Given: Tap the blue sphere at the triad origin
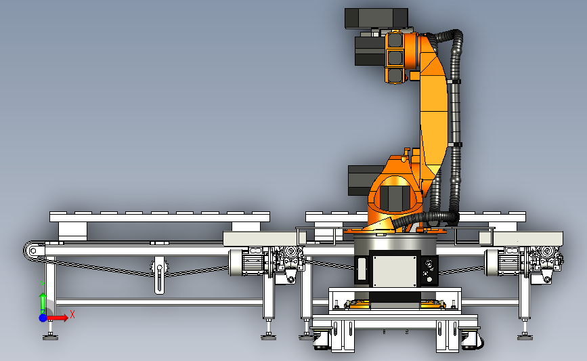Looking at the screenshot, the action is point(43,318).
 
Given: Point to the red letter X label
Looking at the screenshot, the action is point(72,314).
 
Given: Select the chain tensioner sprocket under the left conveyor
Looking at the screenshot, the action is point(160,267).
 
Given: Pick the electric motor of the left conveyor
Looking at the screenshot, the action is point(248,262).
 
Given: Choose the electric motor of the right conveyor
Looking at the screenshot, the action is point(504,261).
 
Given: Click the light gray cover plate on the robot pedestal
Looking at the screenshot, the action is point(395,269).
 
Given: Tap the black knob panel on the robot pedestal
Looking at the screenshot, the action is point(429,271).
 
